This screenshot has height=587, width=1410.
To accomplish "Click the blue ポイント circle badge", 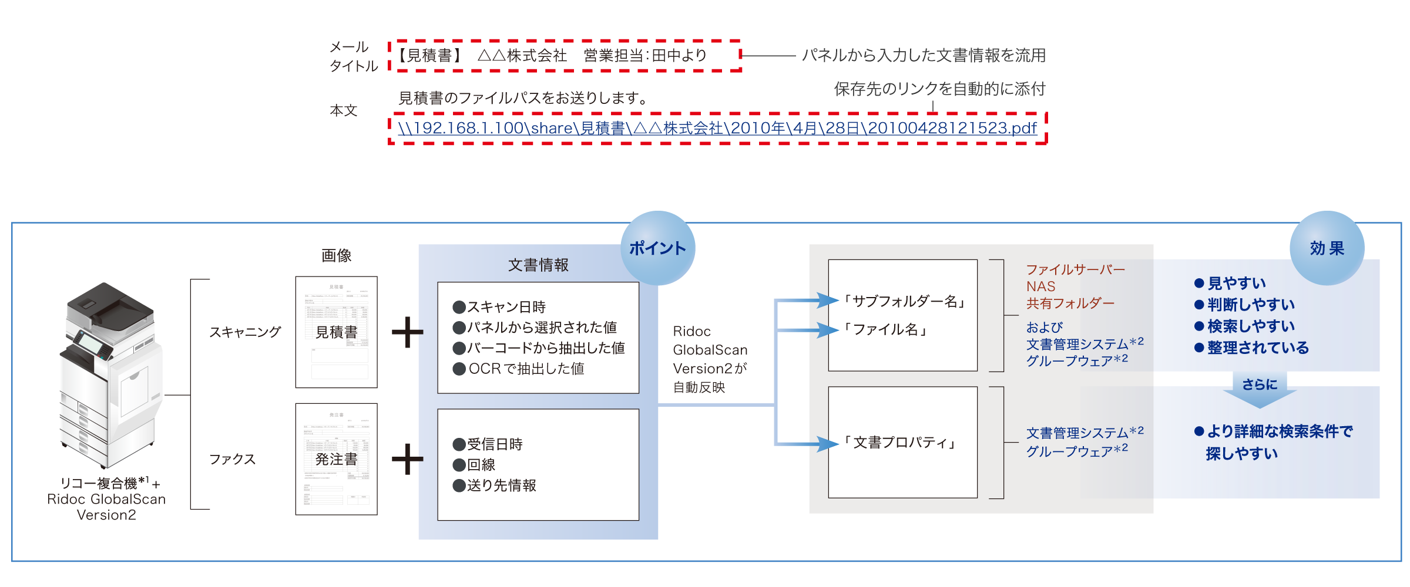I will tap(657, 248).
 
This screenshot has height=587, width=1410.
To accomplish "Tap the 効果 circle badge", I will tap(1327, 248).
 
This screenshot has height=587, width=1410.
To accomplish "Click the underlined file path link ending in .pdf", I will tap(717, 128).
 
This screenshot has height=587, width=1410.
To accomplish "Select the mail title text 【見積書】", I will tap(429, 56).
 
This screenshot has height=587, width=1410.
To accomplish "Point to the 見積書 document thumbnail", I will tap(336, 332).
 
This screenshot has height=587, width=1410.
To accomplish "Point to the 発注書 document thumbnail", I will tap(336, 459).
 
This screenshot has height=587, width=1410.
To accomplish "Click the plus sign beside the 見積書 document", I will tap(407, 332).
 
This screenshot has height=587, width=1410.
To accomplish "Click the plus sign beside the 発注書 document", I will tap(407, 459).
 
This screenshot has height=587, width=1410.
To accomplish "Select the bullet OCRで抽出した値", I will tap(519, 369).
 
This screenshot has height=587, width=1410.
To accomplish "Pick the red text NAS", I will tap(1040, 286).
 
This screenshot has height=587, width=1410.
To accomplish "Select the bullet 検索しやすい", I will tap(1245, 326).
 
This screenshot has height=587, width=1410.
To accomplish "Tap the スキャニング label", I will tap(245, 332).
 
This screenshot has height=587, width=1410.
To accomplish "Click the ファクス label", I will tap(232, 459).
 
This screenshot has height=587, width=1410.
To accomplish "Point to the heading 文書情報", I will tap(538, 265).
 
